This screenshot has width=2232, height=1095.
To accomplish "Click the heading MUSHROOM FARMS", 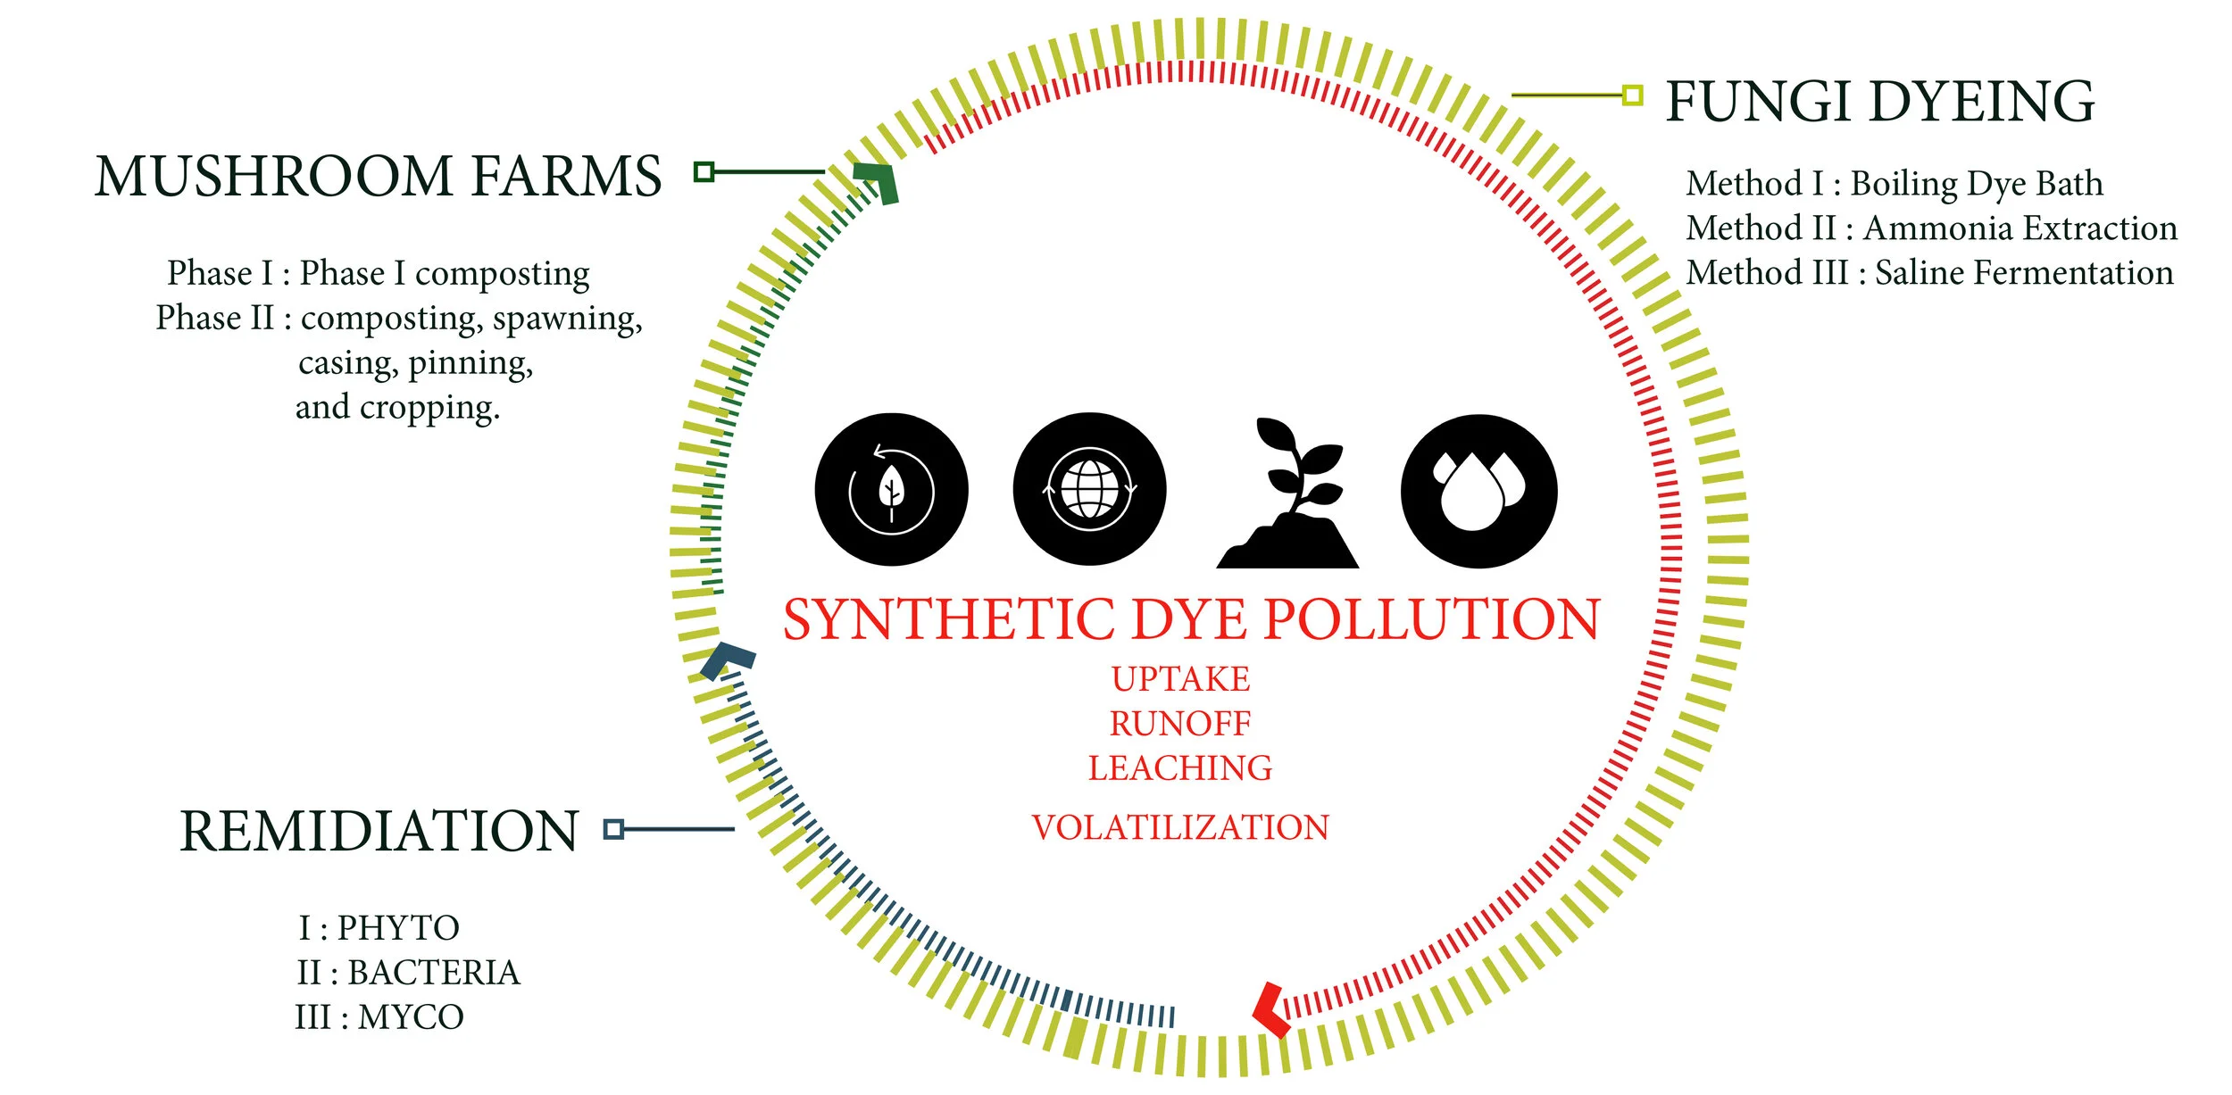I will pyautogui.click(x=379, y=176).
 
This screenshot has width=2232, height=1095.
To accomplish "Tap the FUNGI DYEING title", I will pyautogui.click(x=1880, y=102).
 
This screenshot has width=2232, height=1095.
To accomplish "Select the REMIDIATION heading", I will pyautogui.click(x=379, y=832).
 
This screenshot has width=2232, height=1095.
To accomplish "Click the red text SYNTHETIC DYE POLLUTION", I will pyautogui.click(x=1192, y=619).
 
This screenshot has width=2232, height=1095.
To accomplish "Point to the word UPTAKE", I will pyautogui.click(x=1180, y=679).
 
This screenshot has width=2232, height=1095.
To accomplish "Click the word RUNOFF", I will pyautogui.click(x=1180, y=724).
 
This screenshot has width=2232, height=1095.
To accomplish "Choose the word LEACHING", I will pyautogui.click(x=1180, y=768).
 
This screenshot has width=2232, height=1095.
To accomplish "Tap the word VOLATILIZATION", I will pyautogui.click(x=1180, y=828).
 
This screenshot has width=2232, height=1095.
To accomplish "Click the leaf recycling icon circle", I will pyautogui.click(x=891, y=489).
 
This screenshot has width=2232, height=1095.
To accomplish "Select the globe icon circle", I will pyautogui.click(x=1089, y=489).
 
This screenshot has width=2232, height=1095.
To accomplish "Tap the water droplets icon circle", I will pyautogui.click(x=1478, y=491).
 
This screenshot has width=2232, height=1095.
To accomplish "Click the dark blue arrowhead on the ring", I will pyautogui.click(x=727, y=660).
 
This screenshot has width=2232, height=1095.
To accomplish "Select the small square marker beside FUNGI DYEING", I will pyautogui.click(x=1632, y=95).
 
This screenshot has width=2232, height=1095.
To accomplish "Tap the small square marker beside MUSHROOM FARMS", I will pyautogui.click(x=704, y=171).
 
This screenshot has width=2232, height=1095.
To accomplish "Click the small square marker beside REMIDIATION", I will pyautogui.click(x=613, y=829).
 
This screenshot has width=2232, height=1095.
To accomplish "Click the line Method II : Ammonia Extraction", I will pyautogui.click(x=1931, y=228).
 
